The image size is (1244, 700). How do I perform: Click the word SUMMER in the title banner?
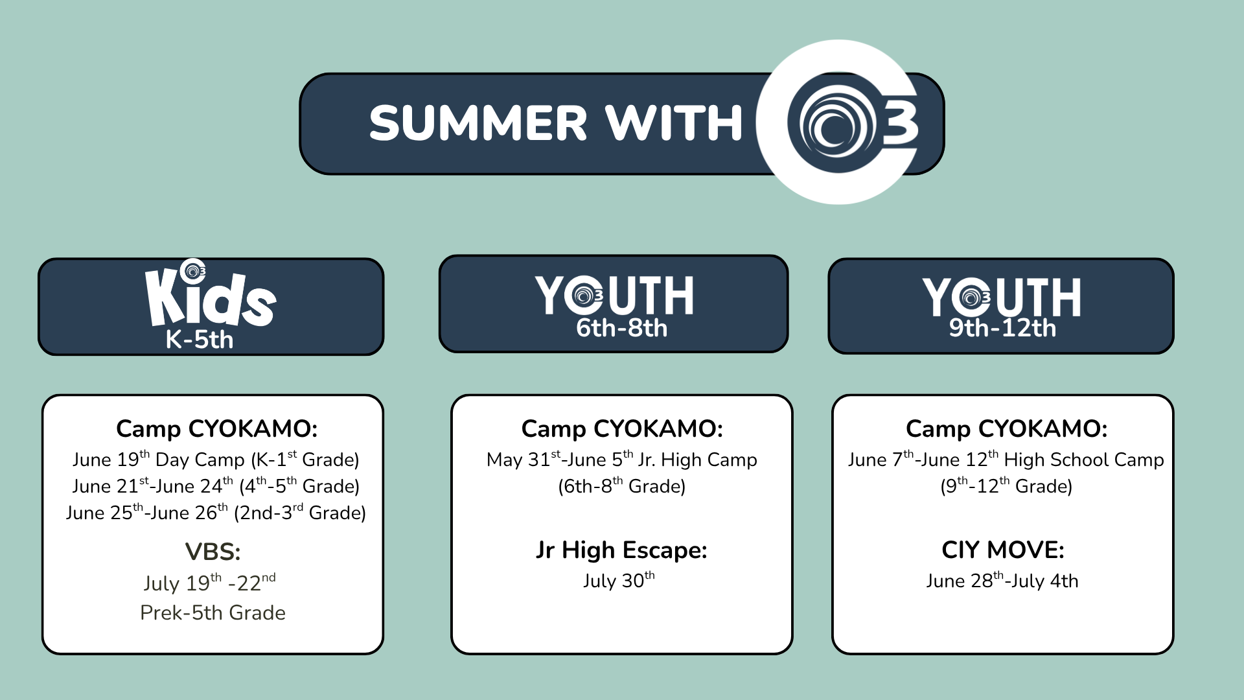(x=478, y=123)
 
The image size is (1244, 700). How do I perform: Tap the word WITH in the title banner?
(x=674, y=123)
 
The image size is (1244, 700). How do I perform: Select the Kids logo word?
(x=211, y=297)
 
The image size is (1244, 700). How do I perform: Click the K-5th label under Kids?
(x=200, y=340)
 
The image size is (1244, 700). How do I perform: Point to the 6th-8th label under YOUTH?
(x=621, y=328)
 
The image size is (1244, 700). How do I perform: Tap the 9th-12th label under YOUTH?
(x=1002, y=328)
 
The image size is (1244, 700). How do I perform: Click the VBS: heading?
(x=213, y=552)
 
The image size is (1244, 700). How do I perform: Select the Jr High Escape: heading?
(x=621, y=550)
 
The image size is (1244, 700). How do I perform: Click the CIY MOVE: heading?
(x=1002, y=550)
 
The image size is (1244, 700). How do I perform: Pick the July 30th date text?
(x=619, y=580)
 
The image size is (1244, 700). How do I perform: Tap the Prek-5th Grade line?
(x=213, y=612)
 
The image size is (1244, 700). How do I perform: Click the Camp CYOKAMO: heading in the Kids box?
(x=216, y=428)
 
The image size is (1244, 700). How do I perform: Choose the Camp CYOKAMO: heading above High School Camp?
(x=1006, y=428)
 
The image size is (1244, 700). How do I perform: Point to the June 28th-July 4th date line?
(x=1002, y=580)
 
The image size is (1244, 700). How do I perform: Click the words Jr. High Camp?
(x=698, y=460)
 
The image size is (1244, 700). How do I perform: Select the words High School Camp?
(x=1084, y=460)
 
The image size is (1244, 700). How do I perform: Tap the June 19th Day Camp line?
(x=216, y=460)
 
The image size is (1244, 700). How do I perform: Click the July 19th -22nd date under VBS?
(x=209, y=582)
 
